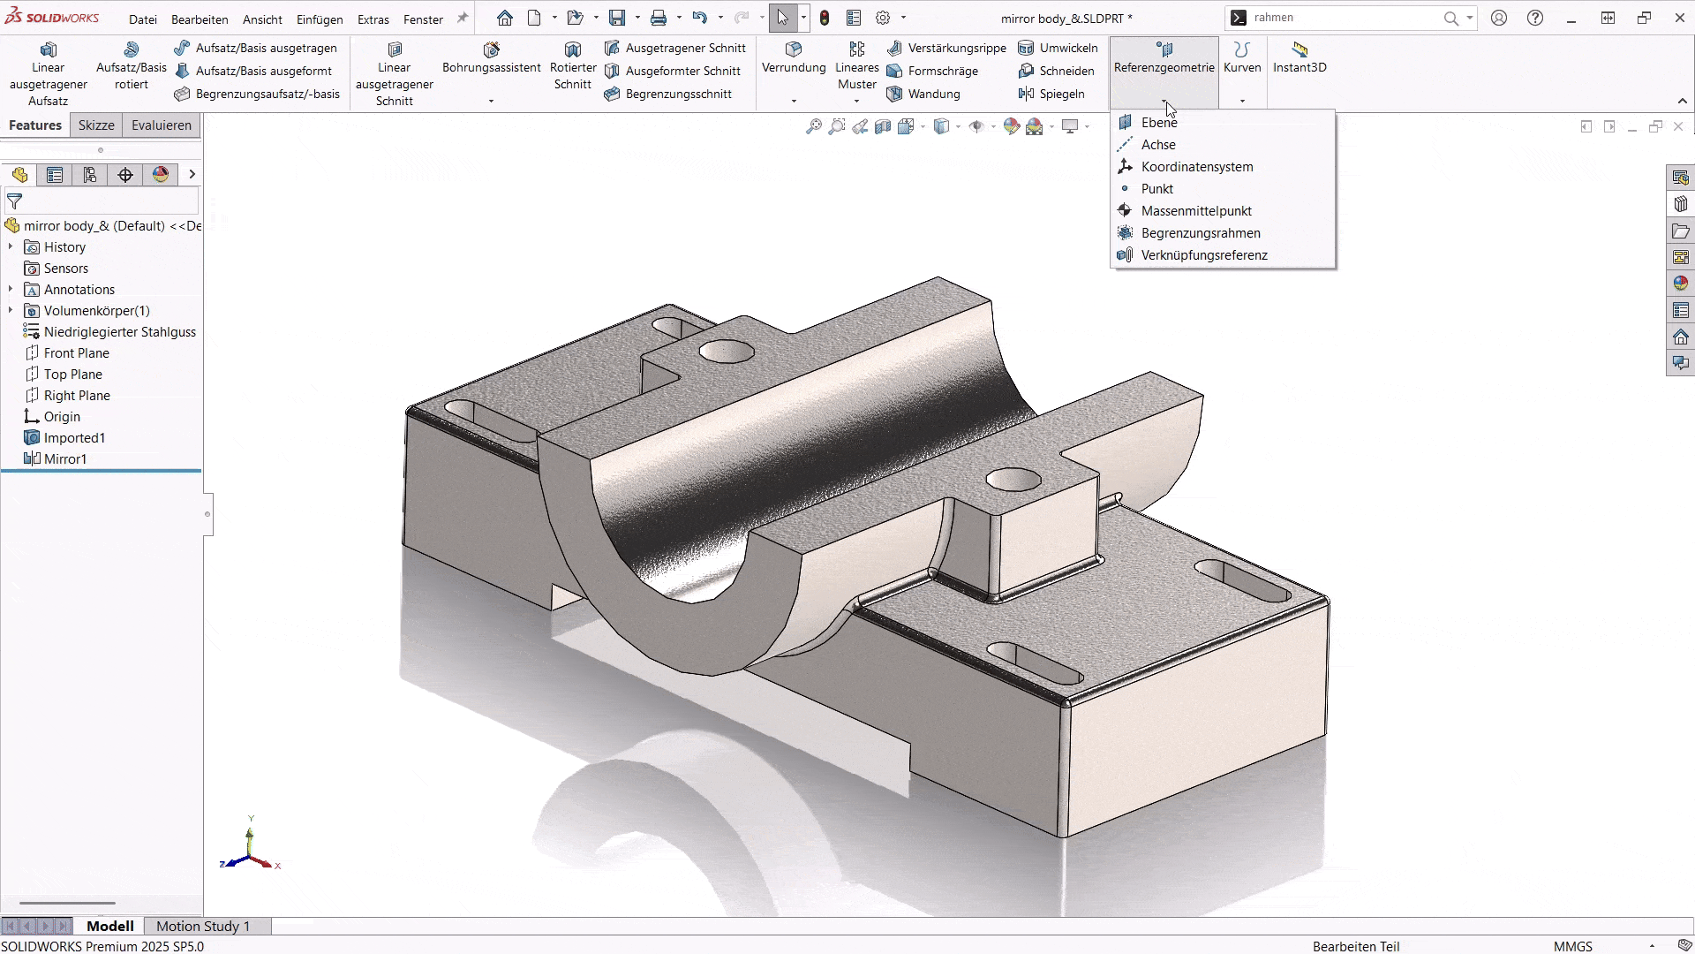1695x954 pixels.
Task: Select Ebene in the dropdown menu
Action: pyautogui.click(x=1158, y=123)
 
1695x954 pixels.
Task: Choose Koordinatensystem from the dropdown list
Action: pyautogui.click(x=1196, y=167)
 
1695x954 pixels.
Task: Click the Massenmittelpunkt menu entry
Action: pyautogui.click(x=1195, y=211)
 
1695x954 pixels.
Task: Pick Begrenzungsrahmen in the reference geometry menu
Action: pyautogui.click(x=1200, y=233)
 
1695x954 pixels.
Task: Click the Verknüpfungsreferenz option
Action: pyautogui.click(x=1203, y=255)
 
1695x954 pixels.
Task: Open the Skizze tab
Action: pyautogui.click(x=96, y=125)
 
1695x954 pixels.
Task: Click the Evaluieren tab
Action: pyautogui.click(x=161, y=125)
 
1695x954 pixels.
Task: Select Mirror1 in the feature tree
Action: pyautogui.click(x=65, y=459)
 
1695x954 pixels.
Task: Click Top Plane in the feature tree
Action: pyautogui.click(x=72, y=375)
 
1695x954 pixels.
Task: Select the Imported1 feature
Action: pyautogui.click(x=74, y=438)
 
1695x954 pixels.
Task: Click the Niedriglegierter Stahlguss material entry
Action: pyautogui.click(x=119, y=332)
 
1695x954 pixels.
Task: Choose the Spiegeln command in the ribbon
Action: pyautogui.click(x=1060, y=94)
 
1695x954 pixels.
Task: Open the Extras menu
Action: pyautogui.click(x=373, y=19)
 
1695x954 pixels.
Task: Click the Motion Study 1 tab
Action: pyautogui.click(x=202, y=926)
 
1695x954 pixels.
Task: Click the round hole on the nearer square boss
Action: pyautogui.click(x=1013, y=480)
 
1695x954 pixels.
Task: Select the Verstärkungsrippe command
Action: pyautogui.click(x=956, y=48)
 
